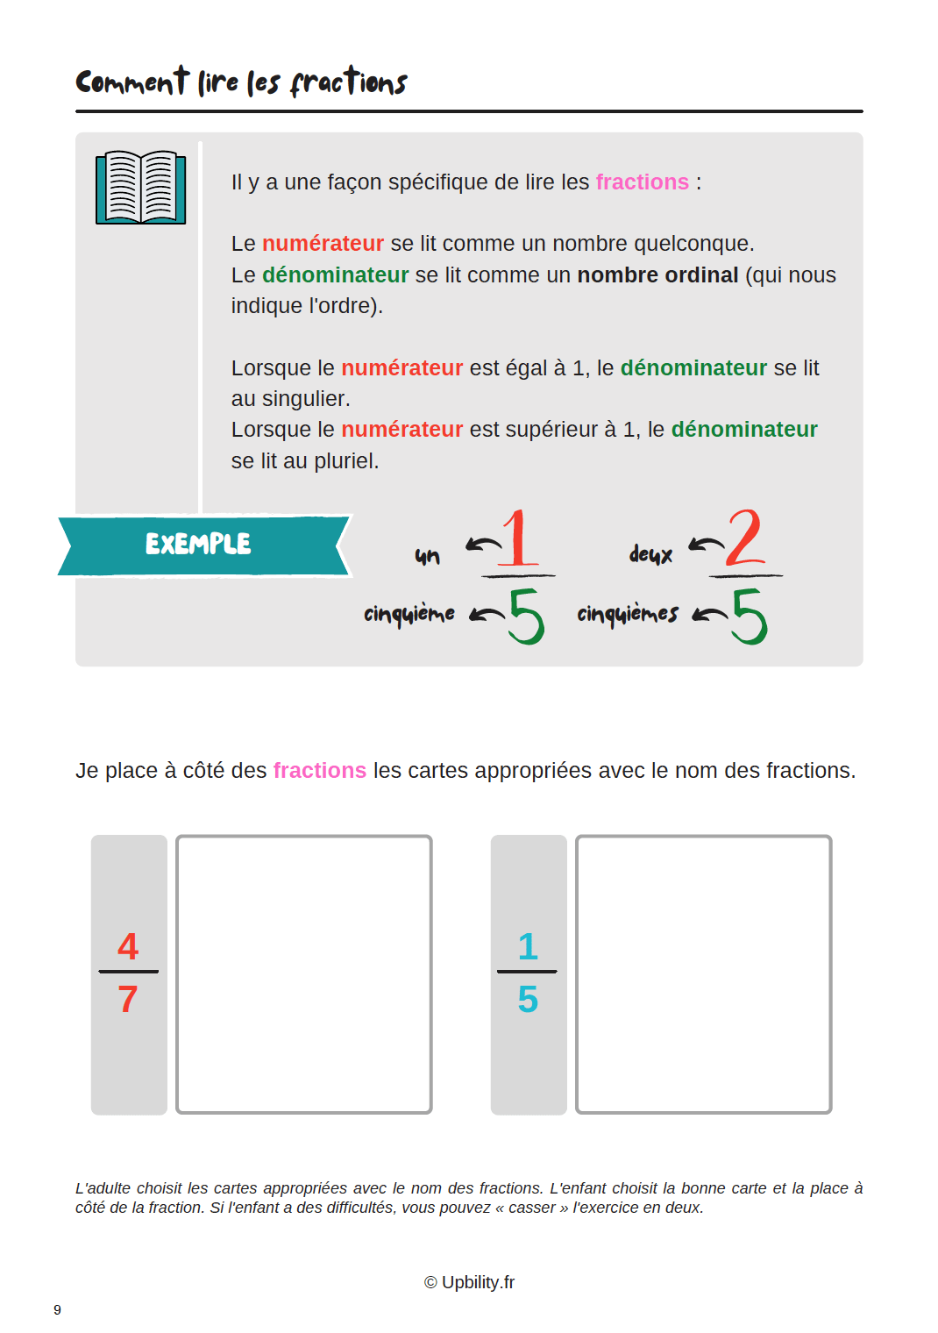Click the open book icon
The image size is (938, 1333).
[140, 187]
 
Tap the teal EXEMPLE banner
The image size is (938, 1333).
[203, 545]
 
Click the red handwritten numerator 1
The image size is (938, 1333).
[519, 538]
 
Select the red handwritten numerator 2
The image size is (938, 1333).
[744, 537]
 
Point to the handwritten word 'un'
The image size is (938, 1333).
[427, 556]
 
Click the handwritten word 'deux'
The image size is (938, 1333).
[650, 554]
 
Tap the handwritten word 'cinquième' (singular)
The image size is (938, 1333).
[409, 614]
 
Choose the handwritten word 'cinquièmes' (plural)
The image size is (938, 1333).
[628, 614]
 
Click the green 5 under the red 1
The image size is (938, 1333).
[526, 617]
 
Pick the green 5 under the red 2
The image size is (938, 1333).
[750, 617]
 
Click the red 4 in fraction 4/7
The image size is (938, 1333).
[128, 946]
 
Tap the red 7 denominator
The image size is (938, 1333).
[128, 999]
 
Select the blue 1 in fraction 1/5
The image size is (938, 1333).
[528, 946]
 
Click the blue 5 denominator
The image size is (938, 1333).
[528, 999]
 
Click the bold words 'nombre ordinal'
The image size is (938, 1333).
[657, 275]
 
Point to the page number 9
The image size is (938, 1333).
[57, 1310]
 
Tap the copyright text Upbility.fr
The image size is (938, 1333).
[469, 1282]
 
